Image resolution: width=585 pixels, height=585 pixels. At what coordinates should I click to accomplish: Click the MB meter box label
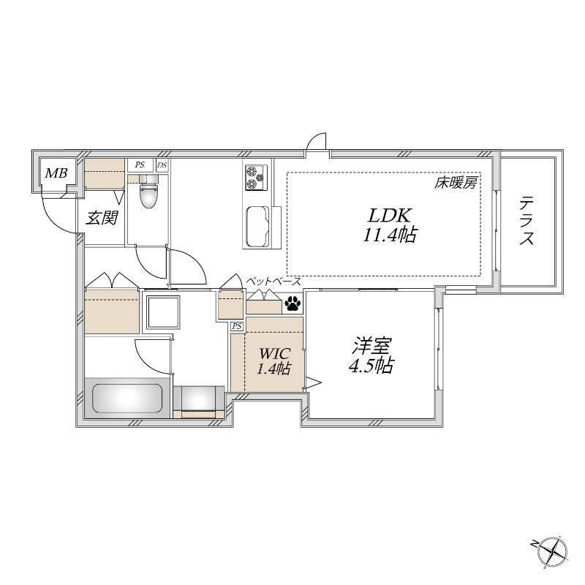tap(56, 174)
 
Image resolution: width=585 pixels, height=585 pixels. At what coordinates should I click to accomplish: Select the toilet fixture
tap(148, 193)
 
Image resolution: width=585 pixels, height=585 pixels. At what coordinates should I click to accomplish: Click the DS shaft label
tap(162, 166)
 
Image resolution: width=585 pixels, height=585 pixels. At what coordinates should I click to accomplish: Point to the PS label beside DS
tap(139, 166)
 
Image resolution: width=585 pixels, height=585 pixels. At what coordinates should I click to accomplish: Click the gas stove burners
tap(254, 178)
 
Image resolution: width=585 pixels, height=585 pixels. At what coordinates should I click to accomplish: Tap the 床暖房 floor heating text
tap(455, 184)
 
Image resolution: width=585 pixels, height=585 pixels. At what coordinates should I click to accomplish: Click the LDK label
tap(390, 216)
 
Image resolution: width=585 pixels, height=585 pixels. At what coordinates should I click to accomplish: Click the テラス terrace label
tap(528, 221)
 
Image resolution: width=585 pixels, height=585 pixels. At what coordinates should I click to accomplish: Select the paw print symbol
tap(292, 301)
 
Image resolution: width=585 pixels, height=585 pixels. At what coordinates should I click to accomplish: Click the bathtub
tap(124, 399)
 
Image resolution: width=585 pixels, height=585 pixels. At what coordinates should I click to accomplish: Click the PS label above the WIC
tap(237, 326)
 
